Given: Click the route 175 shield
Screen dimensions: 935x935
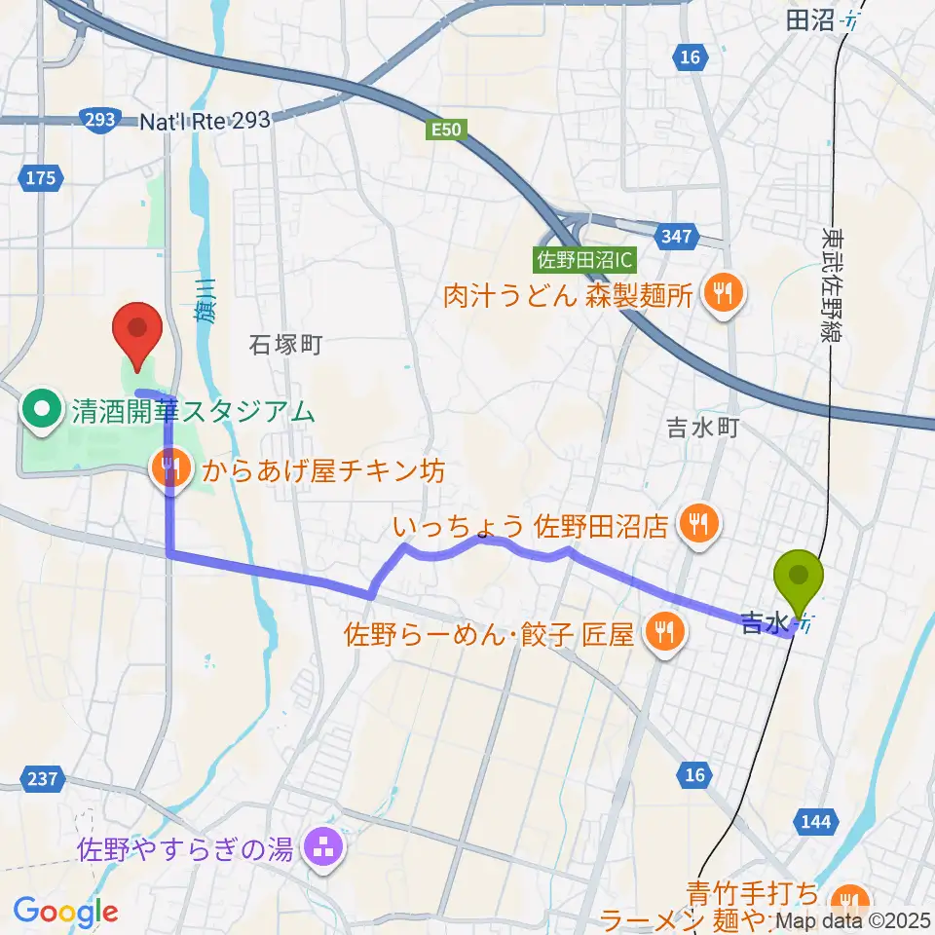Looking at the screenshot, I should pos(42,177).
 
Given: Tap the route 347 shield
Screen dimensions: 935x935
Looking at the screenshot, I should pos(676,235).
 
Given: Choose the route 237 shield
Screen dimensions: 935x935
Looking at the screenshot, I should pos(42,780).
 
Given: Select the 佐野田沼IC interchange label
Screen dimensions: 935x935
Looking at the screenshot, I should pos(584,260).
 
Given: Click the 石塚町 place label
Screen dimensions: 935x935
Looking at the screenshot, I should pos(284,345).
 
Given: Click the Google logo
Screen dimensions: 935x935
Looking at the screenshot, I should pos(65,912).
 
